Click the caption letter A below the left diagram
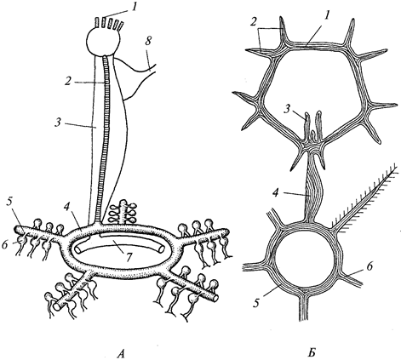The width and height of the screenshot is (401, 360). point(121,353)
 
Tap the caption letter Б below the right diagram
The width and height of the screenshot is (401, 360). point(312,353)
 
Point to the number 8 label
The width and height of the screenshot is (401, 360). point(147,42)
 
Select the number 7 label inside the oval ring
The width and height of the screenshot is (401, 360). point(129,257)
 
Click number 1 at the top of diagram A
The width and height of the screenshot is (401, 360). point(133,6)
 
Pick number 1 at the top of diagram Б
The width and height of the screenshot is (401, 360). point(327,16)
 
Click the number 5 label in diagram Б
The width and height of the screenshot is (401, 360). point(256,303)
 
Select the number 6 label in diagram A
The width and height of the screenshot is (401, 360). point(5,245)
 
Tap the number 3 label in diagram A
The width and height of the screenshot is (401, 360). point(58,123)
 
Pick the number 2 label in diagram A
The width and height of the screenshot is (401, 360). point(67,82)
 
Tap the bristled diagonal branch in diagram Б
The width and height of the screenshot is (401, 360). point(364,197)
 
